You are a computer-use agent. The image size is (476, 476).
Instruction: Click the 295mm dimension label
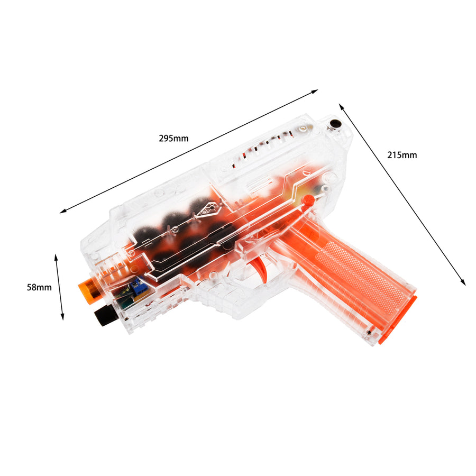173,139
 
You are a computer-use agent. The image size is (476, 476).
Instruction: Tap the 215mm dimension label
402,155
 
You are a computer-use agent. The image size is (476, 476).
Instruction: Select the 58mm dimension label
39,287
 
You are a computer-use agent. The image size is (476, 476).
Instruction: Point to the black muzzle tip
106,315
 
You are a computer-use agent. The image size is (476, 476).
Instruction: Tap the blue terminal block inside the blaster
136,287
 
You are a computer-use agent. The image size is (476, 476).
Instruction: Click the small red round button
308,200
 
